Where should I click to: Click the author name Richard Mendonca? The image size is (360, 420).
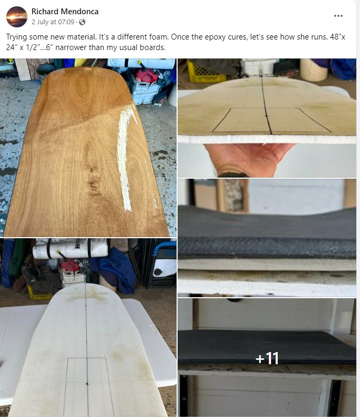click(65, 12)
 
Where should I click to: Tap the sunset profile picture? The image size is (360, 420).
click(17, 17)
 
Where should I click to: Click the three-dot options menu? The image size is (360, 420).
click(338, 16)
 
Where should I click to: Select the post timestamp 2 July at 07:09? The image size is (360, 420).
click(53, 22)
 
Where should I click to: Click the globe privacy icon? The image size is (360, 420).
click(82, 22)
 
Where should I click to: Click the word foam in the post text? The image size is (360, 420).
click(159, 37)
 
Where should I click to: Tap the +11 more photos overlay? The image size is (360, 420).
click(267, 358)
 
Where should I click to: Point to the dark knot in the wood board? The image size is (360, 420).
click(94, 182)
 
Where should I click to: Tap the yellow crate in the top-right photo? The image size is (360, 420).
click(206, 72)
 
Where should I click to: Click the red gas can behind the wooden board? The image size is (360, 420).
click(146, 75)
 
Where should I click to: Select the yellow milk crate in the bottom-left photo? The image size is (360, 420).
click(40, 293)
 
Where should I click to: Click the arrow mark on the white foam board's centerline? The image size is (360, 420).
click(87, 384)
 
